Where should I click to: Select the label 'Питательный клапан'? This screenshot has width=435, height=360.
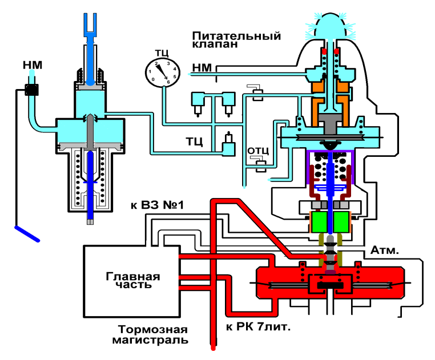coord(236,39)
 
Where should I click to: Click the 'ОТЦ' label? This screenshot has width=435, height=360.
coord(256,152)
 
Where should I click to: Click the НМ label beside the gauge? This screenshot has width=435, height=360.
coord(203,69)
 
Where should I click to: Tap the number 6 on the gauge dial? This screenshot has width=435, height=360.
coord(168,82)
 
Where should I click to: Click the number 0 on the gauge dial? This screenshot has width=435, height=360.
coord(153,79)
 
